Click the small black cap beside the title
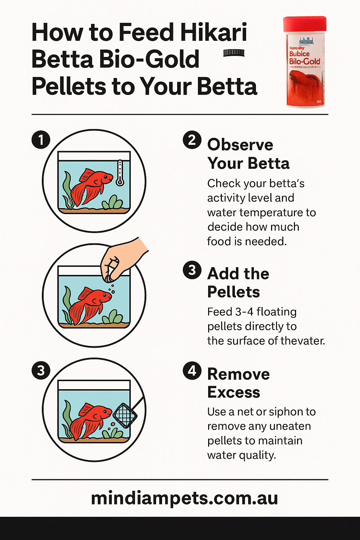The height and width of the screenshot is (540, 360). [x=234, y=53]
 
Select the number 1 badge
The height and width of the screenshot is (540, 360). [x=41, y=140]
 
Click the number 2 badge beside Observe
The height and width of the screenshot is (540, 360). [x=192, y=140]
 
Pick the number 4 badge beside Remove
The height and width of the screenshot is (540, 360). [x=192, y=371]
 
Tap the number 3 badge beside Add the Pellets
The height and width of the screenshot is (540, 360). [x=192, y=270]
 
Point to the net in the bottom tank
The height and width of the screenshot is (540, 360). [x=125, y=415]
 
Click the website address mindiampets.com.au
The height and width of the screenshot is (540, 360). [x=184, y=498]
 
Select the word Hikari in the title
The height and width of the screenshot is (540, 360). [x=213, y=32]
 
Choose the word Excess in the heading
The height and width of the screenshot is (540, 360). [x=233, y=392]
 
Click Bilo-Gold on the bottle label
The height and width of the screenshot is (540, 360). [x=304, y=62]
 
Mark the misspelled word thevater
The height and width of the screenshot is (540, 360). [x=303, y=341]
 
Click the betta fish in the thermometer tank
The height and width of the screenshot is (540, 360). [x=90, y=186]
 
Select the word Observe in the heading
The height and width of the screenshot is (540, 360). [x=240, y=145]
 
